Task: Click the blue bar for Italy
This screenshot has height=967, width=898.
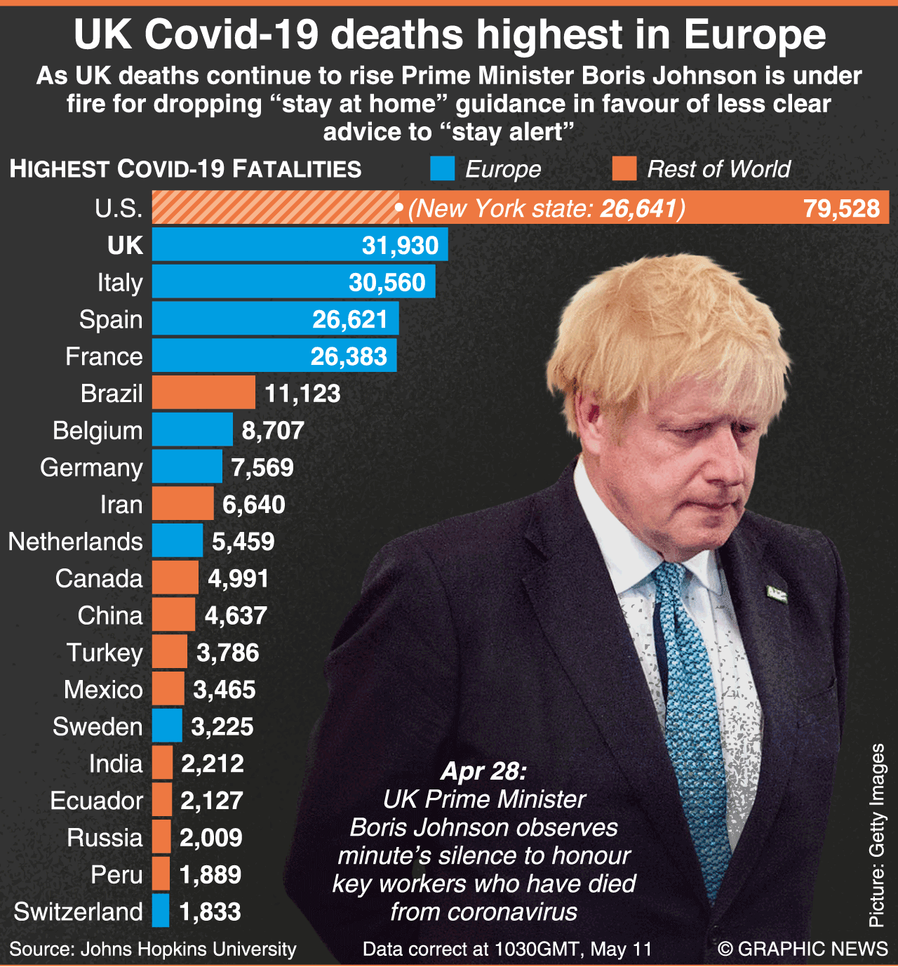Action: coord(293,281)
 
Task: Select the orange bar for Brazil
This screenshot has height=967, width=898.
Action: coord(203,392)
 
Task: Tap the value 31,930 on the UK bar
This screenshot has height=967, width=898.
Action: coord(400,245)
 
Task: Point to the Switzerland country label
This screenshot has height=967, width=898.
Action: coord(78,912)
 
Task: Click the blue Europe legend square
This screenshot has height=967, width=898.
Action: coord(442,168)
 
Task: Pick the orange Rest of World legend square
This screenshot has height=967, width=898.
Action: coord(624,168)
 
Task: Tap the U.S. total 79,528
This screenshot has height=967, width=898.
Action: coord(841,208)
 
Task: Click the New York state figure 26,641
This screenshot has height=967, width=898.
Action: coord(638,208)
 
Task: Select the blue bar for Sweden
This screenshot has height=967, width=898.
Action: coord(167,726)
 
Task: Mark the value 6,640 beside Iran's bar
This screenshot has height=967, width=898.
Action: coord(254,505)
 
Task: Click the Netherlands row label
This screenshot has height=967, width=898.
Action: coord(75,542)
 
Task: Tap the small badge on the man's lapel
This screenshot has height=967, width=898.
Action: coord(775,594)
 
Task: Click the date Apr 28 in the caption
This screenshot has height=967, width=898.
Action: coord(483,771)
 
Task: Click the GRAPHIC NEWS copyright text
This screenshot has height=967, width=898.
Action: coord(803,949)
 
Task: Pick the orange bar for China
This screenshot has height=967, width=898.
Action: coord(173,615)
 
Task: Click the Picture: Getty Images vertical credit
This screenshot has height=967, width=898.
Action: coord(877,835)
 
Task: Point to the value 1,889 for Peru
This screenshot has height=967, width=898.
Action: coord(210,874)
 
